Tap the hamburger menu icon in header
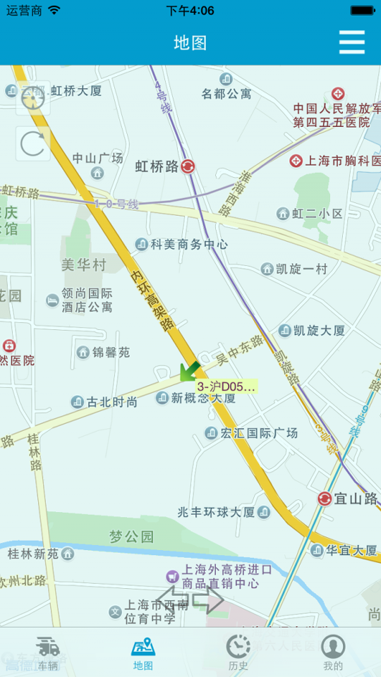pos(351,42)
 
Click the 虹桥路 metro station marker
pos(188,166)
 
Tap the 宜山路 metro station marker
pos(325,499)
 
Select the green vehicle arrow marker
pos(188,370)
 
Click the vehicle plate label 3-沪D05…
pos(226,386)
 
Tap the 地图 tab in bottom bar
pos(143,653)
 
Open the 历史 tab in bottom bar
pos(238,653)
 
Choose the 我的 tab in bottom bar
pos(333,653)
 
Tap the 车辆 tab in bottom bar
pos(48,653)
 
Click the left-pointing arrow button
pos(173,600)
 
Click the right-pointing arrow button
pos(208,600)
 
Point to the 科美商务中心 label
pos(189,244)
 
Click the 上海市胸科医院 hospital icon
pos(296,161)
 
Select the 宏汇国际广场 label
pos(259,433)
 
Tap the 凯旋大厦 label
pos(319,330)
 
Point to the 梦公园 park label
pos(131,537)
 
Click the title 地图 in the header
pos(190,42)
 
